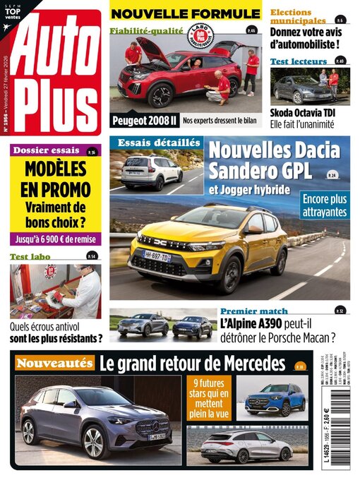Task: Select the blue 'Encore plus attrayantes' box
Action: click(x=325, y=204)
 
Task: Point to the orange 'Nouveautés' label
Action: click(x=54, y=364)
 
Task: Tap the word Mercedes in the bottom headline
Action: click(x=250, y=364)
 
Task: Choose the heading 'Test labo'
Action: click(x=34, y=257)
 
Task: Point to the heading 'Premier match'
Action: click(x=253, y=311)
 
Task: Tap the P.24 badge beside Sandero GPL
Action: click(x=332, y=174)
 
